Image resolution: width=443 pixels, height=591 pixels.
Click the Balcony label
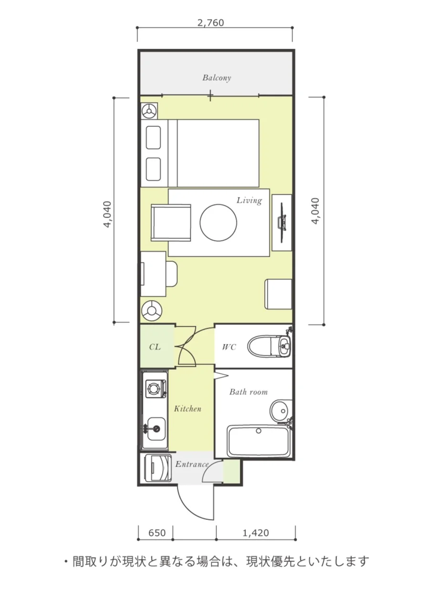point(216,78)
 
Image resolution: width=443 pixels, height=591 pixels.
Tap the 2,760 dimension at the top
point(211,22)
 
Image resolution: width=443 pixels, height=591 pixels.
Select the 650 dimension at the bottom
point(157,533)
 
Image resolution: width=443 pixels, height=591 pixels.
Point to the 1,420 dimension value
point(256,533)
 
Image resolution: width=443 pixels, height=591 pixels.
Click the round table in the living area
point(218,223)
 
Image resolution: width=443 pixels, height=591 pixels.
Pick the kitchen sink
point(155,429)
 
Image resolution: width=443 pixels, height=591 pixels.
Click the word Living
point(249,201)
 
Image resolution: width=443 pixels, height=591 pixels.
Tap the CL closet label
point(155,347)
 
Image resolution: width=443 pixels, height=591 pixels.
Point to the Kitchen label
point(187,409)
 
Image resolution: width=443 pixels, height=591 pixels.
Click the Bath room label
point(248,392)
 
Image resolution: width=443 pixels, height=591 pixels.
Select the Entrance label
point(192,464)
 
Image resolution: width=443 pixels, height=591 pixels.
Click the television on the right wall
point(282,223)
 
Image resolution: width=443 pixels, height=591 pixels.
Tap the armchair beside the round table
point(171,223)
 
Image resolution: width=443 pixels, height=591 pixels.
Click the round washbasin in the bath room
point(281,411)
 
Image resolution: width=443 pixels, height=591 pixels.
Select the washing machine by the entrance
point(158,468)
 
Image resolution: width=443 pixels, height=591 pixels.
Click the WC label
point(229,347)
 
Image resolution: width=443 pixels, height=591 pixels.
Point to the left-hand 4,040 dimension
point(107,215)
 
